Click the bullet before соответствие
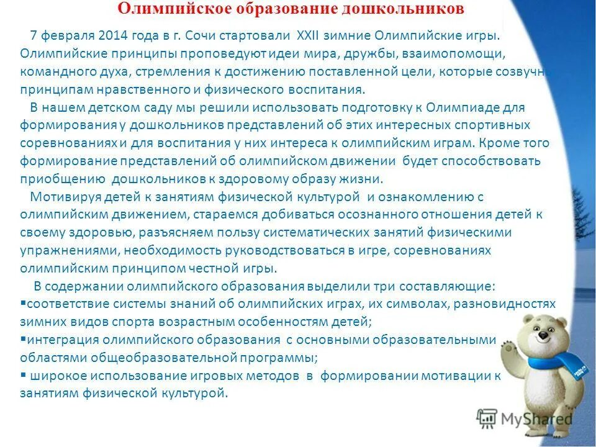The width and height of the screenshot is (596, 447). pyautogui.click(x=23, y=304)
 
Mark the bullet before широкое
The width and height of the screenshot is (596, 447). pyautogui.click(x=23, y=375)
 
